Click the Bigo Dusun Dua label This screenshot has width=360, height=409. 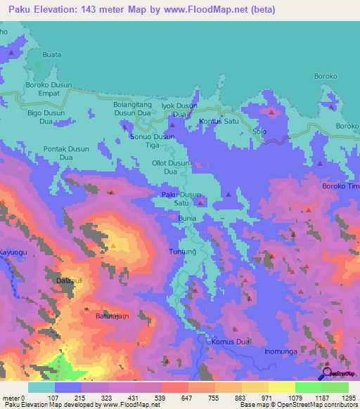pos(45,117)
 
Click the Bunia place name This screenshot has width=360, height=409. pos(187,219)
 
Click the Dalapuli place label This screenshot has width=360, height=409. pos(70,280)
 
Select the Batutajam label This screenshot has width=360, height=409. pos(112,317)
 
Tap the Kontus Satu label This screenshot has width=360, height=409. pos(219,121)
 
